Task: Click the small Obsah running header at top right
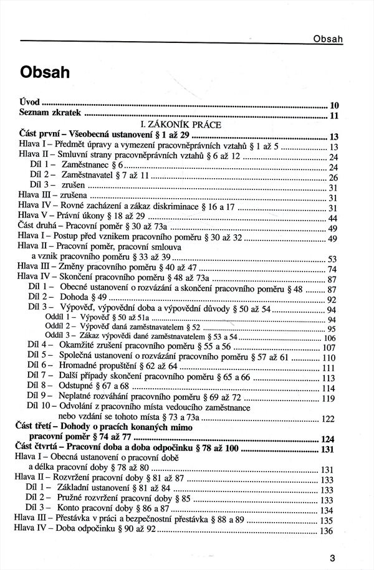[x=328, y=40]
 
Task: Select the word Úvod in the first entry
[x=29, y=104]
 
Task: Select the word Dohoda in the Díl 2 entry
[x=75, y=298]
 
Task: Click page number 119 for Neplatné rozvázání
[x=328, y=399]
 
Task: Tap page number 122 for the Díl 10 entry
[x=328, y=419]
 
